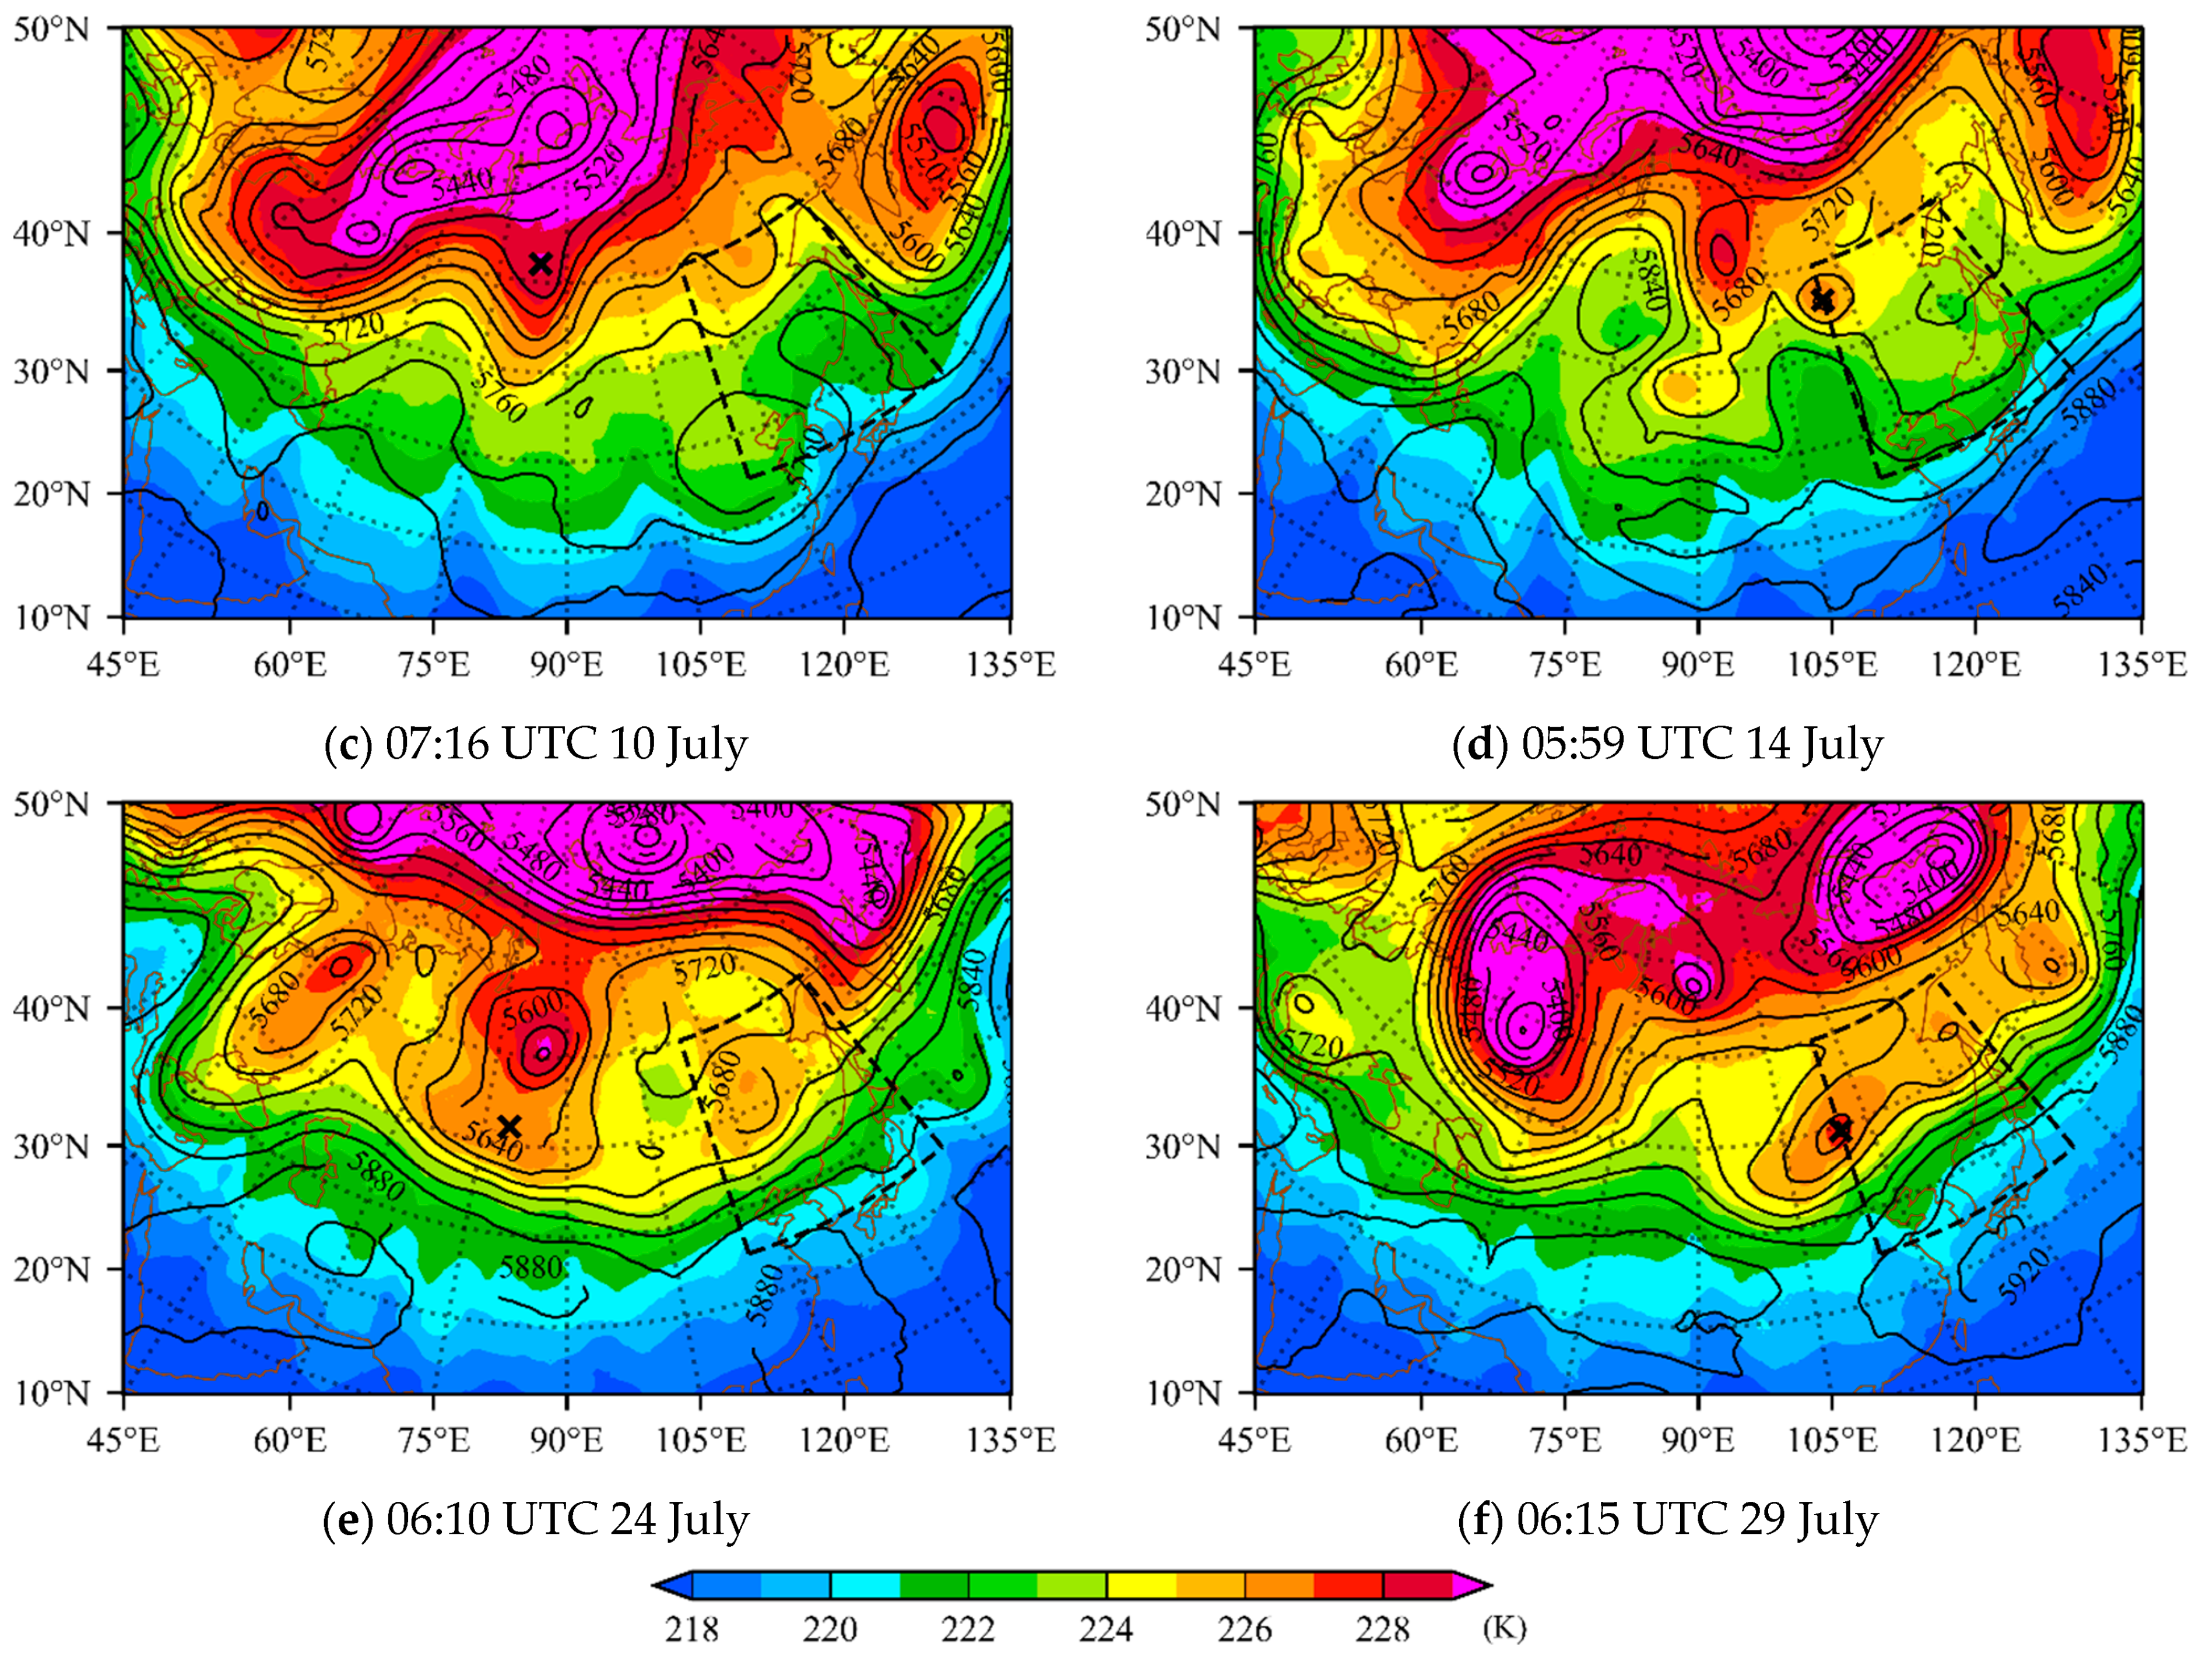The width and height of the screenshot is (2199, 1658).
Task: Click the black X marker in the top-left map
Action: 540,263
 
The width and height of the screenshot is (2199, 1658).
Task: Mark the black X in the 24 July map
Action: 509,1126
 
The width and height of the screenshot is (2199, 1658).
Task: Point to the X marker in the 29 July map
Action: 1840,1130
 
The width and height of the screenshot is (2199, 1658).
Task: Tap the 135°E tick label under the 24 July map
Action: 1011,1440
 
